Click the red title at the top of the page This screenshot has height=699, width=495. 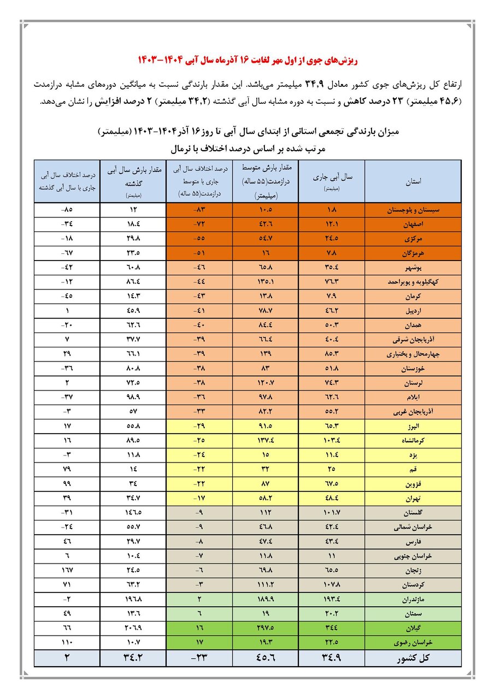point(247,58)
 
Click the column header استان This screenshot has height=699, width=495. point(412,181)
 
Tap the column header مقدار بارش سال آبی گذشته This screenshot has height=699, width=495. point(133,181)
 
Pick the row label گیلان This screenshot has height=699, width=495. point(412,627)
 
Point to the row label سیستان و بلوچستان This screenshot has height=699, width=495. point(412,210)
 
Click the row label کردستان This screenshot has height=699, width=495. point(412,585)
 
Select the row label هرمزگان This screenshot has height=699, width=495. point(412,252)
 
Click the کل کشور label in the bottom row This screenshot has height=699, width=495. point(412,658)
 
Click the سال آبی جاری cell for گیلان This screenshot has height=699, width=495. point(331,627)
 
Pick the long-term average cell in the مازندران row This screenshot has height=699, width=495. point(266,599)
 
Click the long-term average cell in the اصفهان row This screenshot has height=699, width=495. point(266,224)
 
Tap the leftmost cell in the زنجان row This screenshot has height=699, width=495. point(67,571)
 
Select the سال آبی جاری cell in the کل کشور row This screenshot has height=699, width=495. point(331,658)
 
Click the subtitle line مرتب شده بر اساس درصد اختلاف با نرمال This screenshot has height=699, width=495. point(247,148)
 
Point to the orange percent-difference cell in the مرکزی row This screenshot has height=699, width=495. point(199,238)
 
